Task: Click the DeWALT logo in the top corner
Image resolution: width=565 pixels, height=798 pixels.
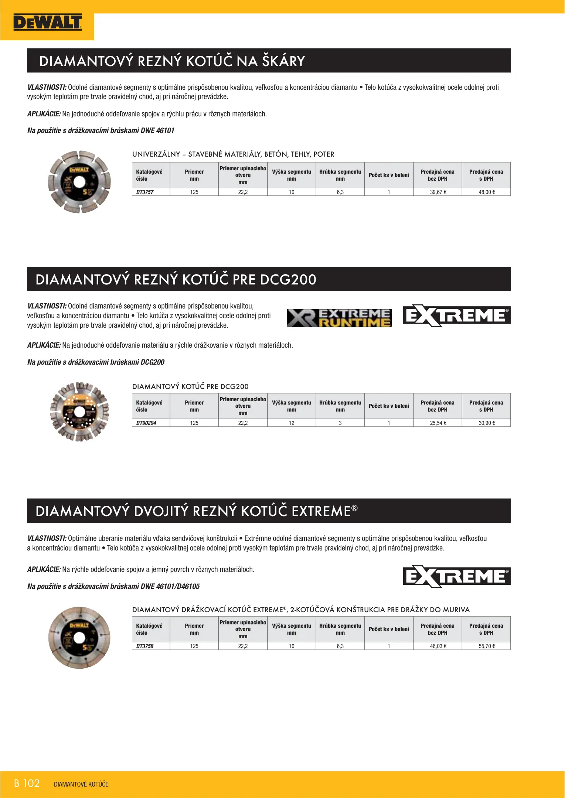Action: pyautogui.click(x=47, y=23)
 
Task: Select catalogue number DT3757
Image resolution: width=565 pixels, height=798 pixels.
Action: pyautogui.click(x=145, y=192)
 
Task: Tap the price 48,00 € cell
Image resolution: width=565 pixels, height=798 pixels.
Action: pyautogui.click(x=487, y=192)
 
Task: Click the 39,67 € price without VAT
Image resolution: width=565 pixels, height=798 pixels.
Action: pyautogui.click(x=438, y=192)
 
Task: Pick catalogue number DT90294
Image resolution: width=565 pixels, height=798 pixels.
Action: pyautogui.click(x=146, y=423)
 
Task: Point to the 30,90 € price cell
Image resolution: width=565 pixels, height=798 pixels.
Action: pyautogui.click(x=487, y=423)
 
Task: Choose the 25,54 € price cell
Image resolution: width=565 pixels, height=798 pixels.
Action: pyautogui.click(x=438, y=423)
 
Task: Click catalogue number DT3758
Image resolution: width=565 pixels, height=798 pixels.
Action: pyautogui.click(x=145, y=646)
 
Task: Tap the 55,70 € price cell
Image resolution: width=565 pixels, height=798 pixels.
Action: pyautogui.click(x=487, y=646)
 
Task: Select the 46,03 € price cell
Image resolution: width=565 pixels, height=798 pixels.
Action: pyautogui.click(x=438, y=646)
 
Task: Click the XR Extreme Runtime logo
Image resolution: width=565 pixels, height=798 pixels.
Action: pyautogui.click(x=339, y=318)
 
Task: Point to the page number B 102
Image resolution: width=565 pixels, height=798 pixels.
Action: pyautogui.click(x=27, y=783)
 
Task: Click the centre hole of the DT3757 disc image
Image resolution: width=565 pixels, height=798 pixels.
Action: pyautogui.click(x=79, y=182)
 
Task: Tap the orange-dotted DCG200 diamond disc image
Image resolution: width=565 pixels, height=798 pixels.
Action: pyautogui.click(x=79, y=412)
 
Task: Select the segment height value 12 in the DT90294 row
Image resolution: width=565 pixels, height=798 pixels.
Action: pyautogui.click(x=292, y=423)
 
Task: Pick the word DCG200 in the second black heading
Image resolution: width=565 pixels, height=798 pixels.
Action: pyautogui.click(x=288, y=280)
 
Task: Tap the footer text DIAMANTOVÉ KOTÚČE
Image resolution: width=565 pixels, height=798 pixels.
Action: pyautogui.click(x=81, y=784)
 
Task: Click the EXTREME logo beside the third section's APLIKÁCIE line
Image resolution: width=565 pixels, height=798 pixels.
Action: pyautogui.click(x=457, y=576)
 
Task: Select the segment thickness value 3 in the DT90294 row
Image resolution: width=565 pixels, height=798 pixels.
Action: pyautogui.click(x=340, y=423)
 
